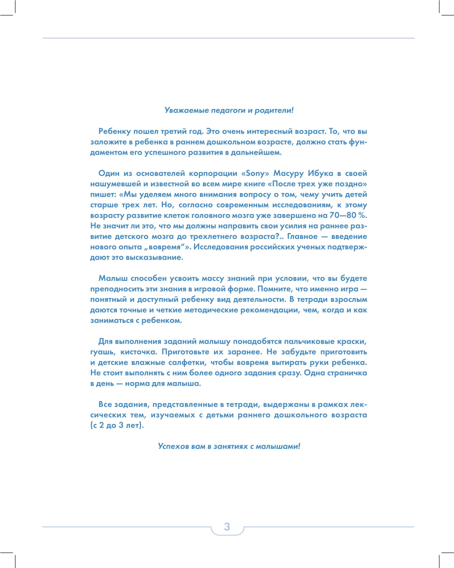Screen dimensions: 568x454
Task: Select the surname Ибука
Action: pos(320,174)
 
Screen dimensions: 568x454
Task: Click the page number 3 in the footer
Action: pos(227,527)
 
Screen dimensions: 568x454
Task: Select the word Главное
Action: pos(302,237)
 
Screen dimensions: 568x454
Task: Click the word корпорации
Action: pos(215,174)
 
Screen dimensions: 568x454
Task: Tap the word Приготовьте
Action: pos(184,352)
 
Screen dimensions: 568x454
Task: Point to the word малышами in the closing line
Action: pos(278,446)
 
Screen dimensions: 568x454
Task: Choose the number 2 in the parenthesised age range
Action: pos(102,426)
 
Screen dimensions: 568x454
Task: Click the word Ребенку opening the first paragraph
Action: pos(114,132)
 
